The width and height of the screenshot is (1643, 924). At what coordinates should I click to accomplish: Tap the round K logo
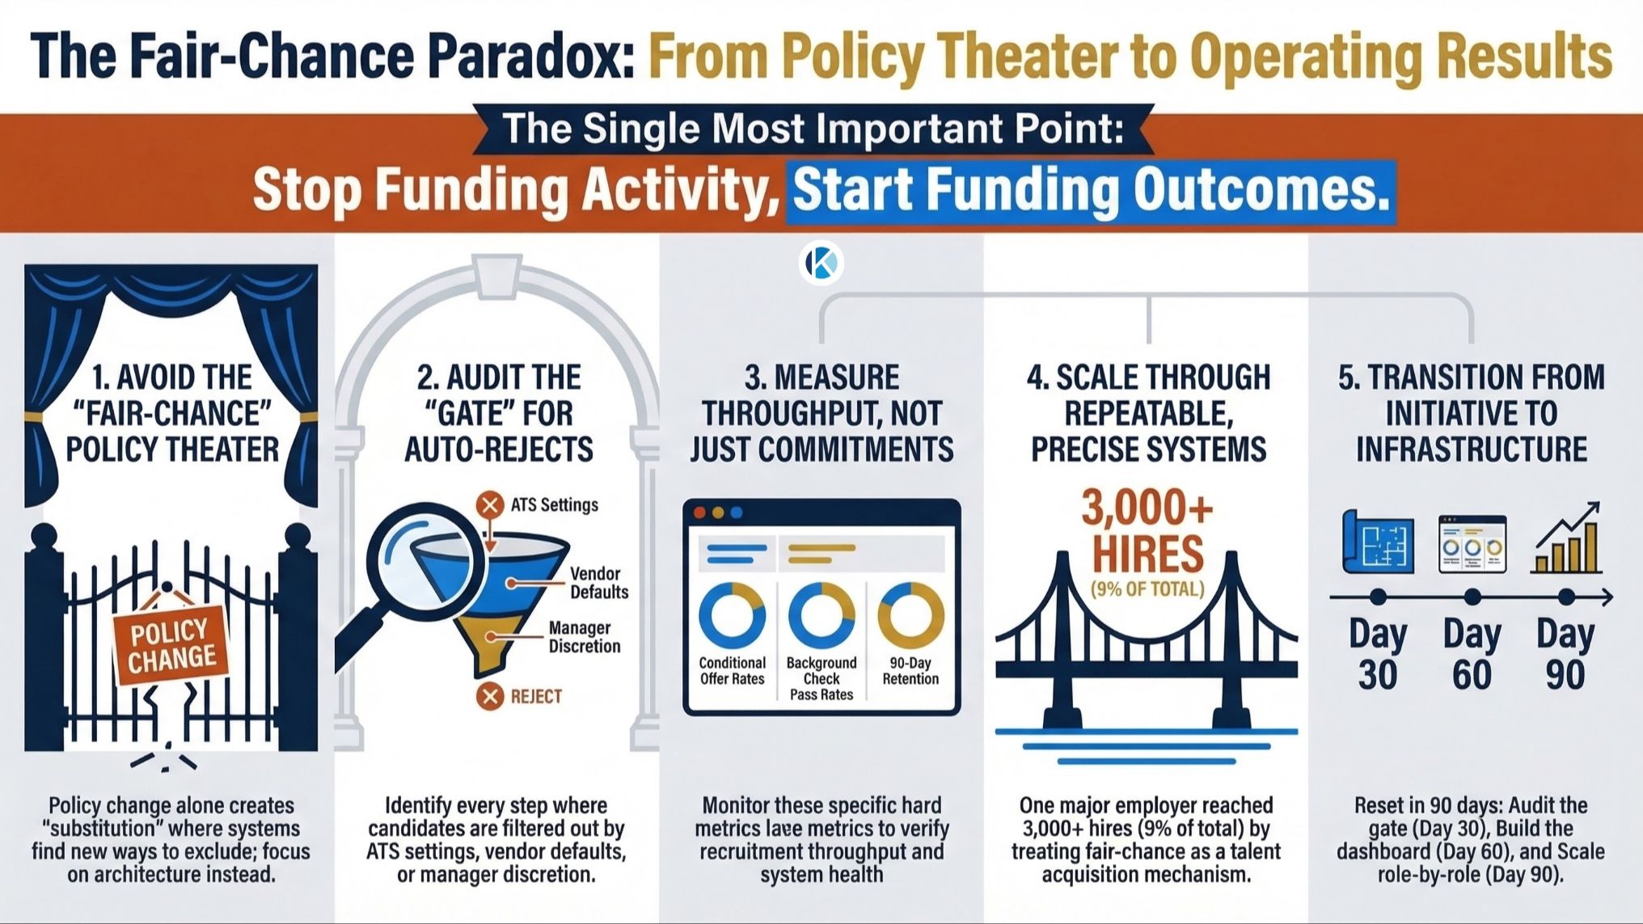tap(821, 263)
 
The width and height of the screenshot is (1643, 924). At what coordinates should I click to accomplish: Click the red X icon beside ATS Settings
tap(489, 505)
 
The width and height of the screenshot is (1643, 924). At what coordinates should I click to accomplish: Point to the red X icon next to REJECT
tap(489, 696)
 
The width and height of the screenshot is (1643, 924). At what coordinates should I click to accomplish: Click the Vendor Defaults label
tap(598, 583)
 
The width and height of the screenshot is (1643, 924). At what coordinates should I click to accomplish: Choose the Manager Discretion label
tap(584, 637)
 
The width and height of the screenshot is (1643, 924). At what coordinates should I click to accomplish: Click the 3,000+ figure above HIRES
tap(1147, 508)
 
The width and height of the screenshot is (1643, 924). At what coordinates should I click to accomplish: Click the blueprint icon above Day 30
tap(1378, 542)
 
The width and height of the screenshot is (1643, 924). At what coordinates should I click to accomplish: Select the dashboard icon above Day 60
tap(1472, 544)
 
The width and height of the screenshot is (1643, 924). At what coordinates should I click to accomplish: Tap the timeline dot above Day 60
tap(1472, 597)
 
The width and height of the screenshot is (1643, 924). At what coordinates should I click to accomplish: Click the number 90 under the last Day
tap(1565, 675)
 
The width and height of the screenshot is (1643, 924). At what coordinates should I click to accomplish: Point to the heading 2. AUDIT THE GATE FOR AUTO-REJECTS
tap(499, 413)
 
